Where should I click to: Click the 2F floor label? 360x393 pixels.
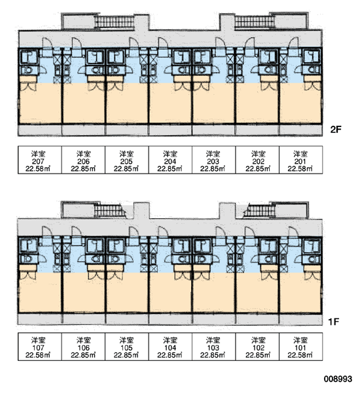click(x=336, y=129)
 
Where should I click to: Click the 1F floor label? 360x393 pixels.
click(x=334, y=322)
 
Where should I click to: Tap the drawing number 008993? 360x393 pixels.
click(x=338, y=379)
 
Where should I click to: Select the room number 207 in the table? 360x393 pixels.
click(x=38, y=161)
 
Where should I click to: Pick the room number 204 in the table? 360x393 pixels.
click(x=170, y=161)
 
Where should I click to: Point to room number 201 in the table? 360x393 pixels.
click(x=300, y=161)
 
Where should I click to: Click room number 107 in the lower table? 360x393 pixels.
click(x=38, y=348)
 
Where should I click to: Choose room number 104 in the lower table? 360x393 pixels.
click(x=170, y=348)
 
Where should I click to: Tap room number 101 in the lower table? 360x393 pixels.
click(x=300, y=348)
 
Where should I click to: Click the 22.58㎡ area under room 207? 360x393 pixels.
click(x=38, y=169)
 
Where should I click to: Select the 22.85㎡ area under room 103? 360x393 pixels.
click(x=213, y=355)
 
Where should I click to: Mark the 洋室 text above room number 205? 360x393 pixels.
click(x=126, y=154)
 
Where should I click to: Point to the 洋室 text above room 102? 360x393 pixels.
click(x=259, y=341)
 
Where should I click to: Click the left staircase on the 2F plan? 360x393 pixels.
click(x=115, y=22)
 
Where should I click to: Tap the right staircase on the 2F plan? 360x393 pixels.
click(x=255, y=22)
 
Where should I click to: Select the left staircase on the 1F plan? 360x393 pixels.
click(x=109, y=210)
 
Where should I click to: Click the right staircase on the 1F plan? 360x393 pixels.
click(x=260, y=210)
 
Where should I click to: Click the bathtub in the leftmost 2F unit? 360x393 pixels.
click(x=28, y=56)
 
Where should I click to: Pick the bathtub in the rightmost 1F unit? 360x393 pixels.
click(x=312, y=246)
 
